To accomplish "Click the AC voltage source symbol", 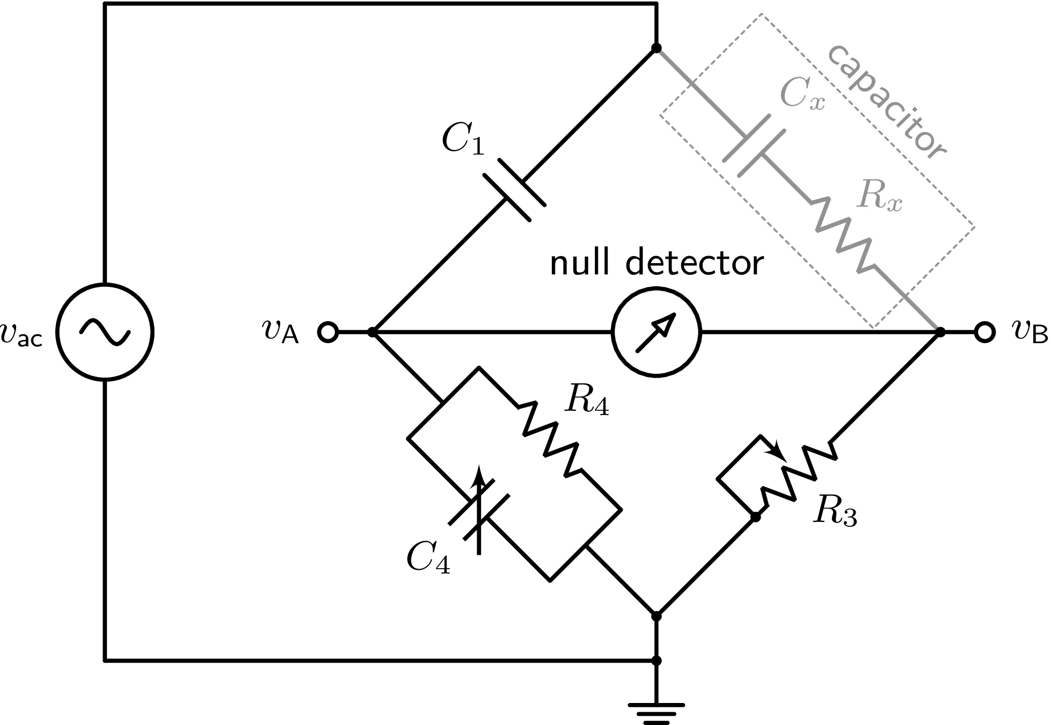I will tap(105, 332).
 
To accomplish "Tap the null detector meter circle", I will tap(656, 332).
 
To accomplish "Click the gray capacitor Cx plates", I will tap(754, 146).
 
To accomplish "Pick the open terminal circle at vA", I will tap(327, 332).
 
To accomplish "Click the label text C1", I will tap(462, 140).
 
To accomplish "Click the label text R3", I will tap(835, 511).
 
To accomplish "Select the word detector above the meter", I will tap(695, 263).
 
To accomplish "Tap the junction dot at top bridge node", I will tap(656, 48).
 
